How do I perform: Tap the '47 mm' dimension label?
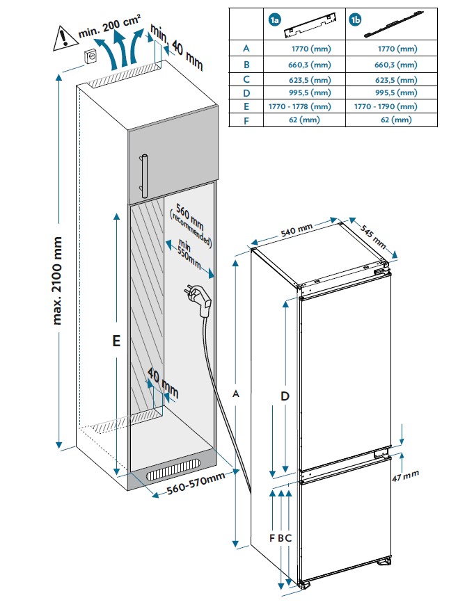[405, 476]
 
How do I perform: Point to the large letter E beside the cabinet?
[117, 341]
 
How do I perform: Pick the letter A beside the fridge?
[236, 394]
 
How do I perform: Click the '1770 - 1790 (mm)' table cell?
[386, 106]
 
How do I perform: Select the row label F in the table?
[245, 120]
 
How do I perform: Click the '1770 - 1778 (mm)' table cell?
[300, 106]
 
